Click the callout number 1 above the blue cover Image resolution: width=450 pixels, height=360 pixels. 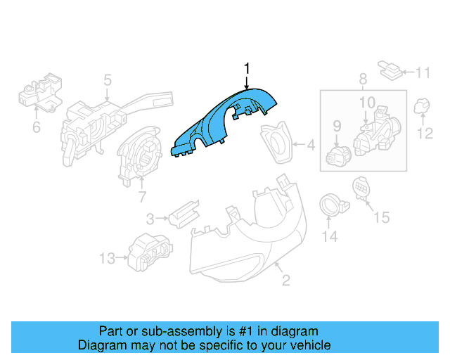[x=247, y=68]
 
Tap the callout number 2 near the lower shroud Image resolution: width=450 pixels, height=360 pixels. [x=286, y=281]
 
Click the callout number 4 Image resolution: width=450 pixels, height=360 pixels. [x=310, y=146]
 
